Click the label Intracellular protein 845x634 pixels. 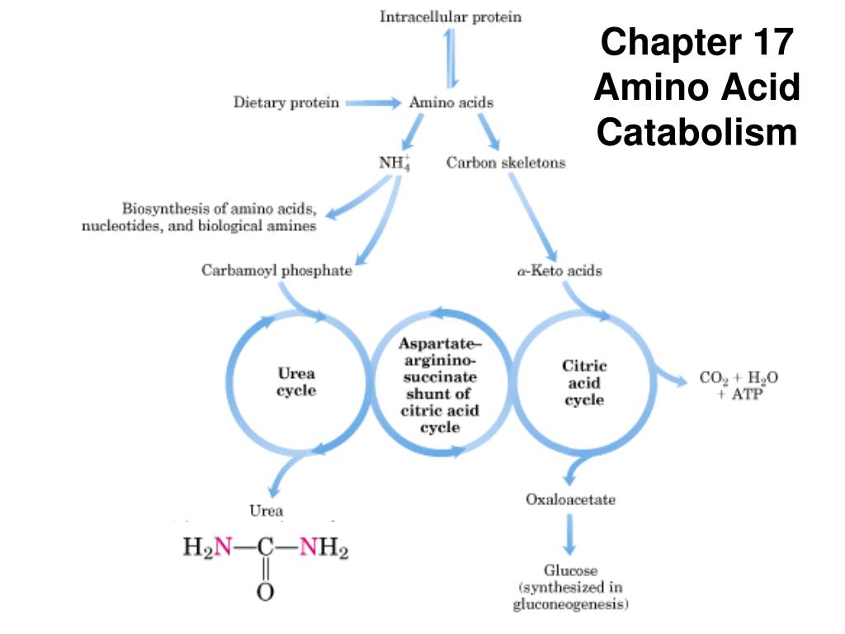(450, 17)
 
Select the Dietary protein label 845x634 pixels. (286, 103)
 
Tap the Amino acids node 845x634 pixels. (451, 103)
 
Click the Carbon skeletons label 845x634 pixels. (506, 163)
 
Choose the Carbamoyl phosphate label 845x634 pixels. (276, 271)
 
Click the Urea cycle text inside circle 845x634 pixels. (295, 381)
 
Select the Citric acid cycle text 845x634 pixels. (584, 382)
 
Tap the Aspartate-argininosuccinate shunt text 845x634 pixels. (439, 385)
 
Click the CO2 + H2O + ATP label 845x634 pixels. (739, 386)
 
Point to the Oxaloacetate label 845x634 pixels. (570, 499)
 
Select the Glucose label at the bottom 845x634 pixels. (570, 587)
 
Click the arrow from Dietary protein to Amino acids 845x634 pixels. (371, 103)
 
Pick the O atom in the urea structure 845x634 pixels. (265, 592)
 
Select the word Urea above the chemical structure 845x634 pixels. (266, 510)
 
